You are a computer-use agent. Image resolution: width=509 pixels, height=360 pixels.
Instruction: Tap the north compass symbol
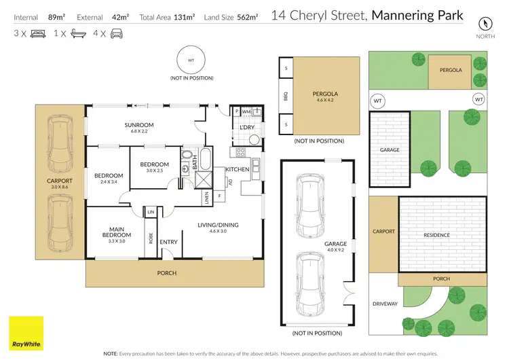point(483,23)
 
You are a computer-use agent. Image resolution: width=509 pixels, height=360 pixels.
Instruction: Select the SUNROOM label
point(138,125)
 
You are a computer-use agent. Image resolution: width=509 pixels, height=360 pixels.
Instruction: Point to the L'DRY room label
point(246,127)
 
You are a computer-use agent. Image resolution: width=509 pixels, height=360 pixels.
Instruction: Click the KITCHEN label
point(238,169)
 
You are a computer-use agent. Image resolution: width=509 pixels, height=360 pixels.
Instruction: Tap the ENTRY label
point(168,242)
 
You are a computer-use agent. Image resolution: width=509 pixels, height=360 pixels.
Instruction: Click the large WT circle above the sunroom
point(191,61)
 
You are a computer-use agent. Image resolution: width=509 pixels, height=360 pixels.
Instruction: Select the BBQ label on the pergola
point(286,97)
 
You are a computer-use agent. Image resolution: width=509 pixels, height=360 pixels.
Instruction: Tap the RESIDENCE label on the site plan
point(436,235)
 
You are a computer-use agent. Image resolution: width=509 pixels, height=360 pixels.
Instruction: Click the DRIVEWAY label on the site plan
point(385,304)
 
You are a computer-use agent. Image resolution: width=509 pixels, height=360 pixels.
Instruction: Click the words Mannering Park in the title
point(417,15)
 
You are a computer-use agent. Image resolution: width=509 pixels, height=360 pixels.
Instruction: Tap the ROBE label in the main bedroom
point(151,238)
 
